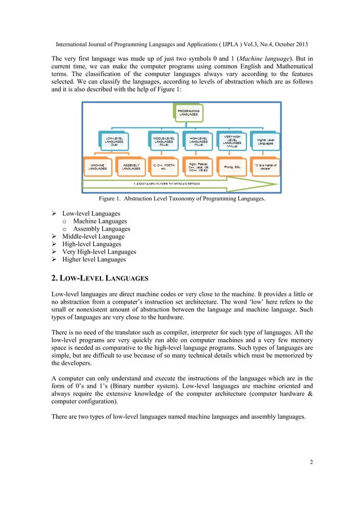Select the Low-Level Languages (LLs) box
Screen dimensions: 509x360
[112, 139]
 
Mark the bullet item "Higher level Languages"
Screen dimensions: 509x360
[94, 260]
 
